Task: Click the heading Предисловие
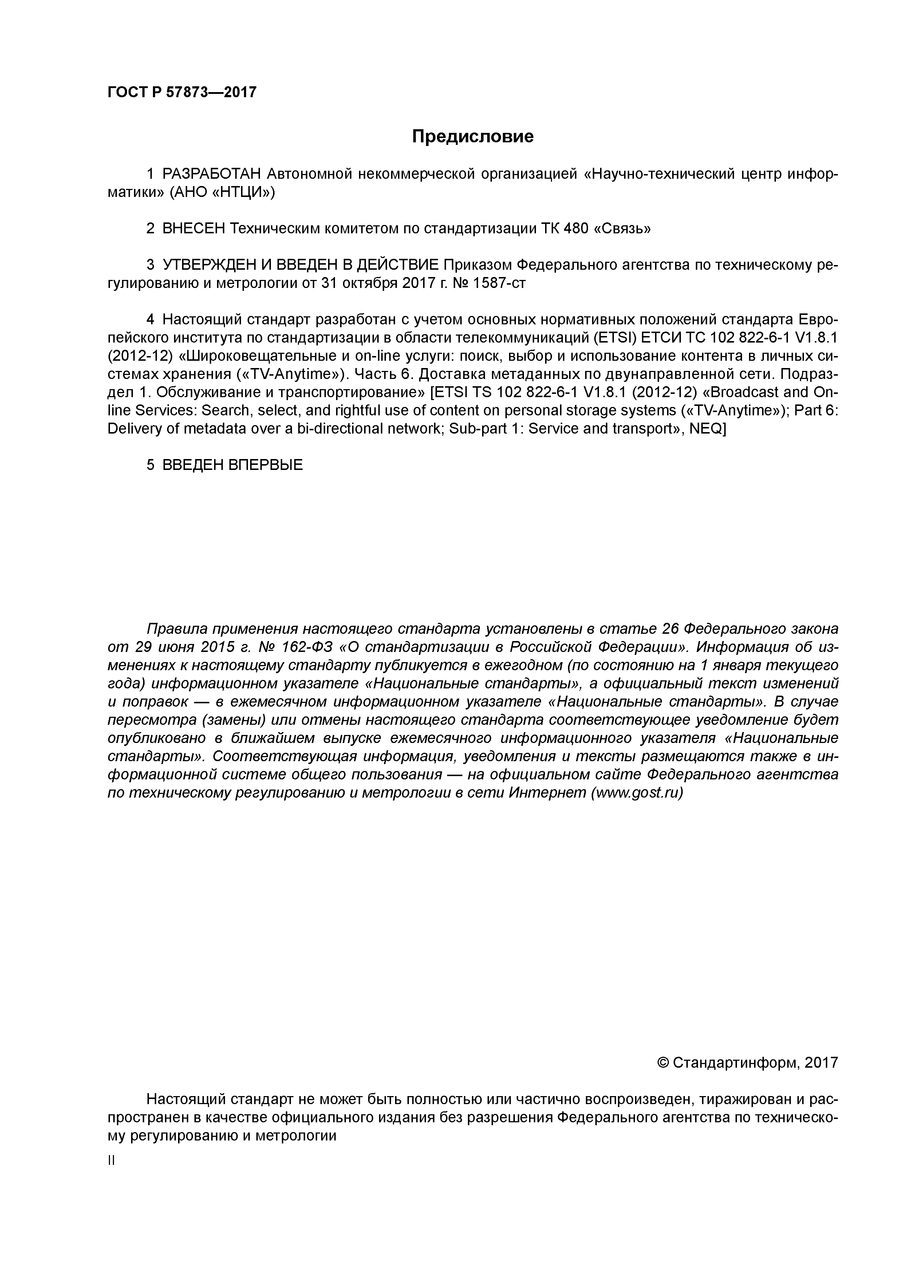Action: [472, 136]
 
